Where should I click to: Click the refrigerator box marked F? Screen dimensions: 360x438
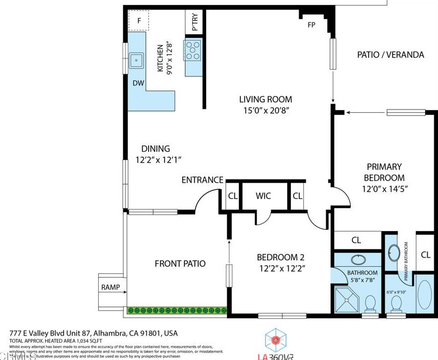[139, 21]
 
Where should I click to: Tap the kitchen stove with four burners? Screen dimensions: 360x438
[193, 50]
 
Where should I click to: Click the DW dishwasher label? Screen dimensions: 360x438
[138, 83]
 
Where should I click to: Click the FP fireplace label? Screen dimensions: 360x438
[312, 25]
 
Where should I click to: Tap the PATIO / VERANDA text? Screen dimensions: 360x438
[383, 54]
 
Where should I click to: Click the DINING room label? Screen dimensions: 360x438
[156, 149]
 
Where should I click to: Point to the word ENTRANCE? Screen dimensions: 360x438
[202, 180]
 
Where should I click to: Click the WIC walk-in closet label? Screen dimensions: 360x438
[263, 196]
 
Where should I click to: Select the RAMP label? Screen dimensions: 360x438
[110, 287]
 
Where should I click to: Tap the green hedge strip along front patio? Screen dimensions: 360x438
[177, 310]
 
